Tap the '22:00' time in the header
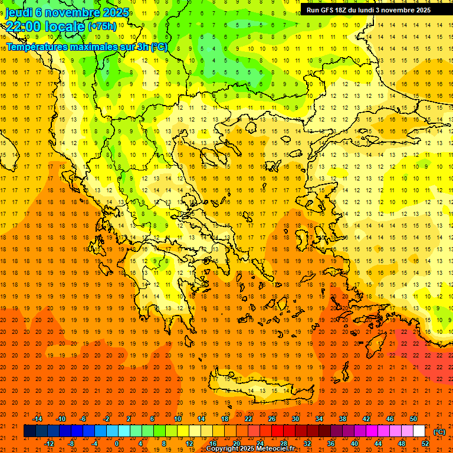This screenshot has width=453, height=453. pyautogui.click(x=22, y=26)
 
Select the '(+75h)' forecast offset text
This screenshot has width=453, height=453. pyautogui.click(x=101, y=27)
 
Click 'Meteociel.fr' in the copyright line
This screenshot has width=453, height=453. pyautogui.click(x=272, y=449)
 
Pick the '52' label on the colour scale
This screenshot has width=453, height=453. pyautogui.click(x=425, y=444)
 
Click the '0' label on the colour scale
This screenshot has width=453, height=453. pyautogui.click(x=117, y=444)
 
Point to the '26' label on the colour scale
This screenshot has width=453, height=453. pyautogui.click(x=272, y=419)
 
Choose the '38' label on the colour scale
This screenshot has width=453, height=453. pyautogui.click(x=342, y=419)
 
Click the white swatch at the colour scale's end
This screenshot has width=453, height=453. pyautogui.click(x=419, y=431)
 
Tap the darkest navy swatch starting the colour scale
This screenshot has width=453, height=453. pyautogui.click(x=29, y=431)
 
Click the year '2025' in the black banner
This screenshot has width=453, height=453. pyautogui.click(x=419, y=10)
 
